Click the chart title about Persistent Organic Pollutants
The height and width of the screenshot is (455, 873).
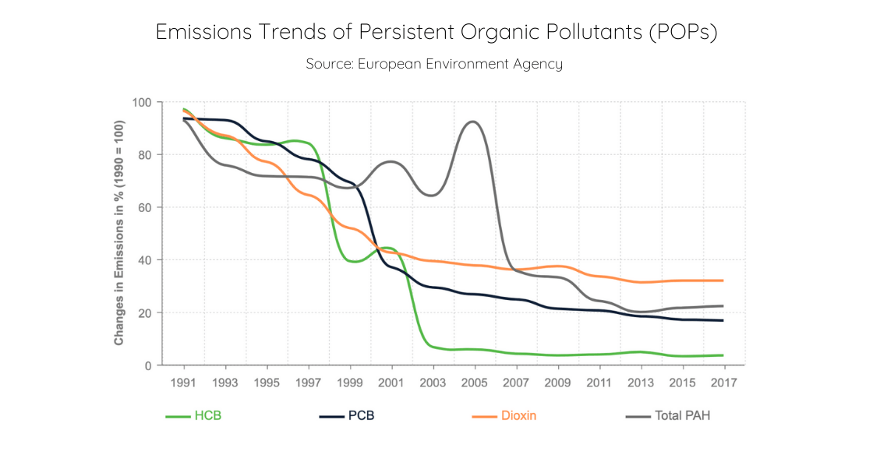click(436, 32)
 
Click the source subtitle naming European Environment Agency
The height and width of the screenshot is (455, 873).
click(434, 64)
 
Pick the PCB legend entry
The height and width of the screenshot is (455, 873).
click(347, 416)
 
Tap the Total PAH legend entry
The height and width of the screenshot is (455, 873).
click(668, 416)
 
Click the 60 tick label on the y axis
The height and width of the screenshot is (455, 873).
click(144, 208)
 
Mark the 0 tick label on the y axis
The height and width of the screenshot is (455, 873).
click(147, 365)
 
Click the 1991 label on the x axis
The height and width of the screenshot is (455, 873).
click(183, 383)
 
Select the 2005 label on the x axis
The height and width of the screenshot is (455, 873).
click(474, 383)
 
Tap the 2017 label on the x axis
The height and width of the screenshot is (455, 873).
click(723, 383)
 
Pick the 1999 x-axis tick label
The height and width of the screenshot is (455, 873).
click(349, 383)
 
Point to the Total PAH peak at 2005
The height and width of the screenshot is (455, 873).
click(473, 122)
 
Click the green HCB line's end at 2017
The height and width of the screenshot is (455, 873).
click(723, 355)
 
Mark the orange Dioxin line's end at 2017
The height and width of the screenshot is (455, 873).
click(723, 280)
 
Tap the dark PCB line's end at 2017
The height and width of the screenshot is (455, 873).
click(723, 320)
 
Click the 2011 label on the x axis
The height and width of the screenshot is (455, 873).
click(599, 383)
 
